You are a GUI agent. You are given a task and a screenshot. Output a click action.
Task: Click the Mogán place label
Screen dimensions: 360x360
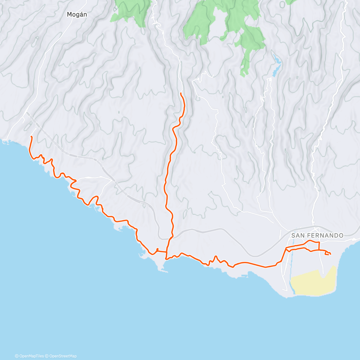coord(77,14)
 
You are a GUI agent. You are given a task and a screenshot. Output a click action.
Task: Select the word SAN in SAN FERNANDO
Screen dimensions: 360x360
coord(297,235)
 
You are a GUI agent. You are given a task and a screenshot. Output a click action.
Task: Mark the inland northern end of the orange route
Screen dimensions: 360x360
coord(181,94)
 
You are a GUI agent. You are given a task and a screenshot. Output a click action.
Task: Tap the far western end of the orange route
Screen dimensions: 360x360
coord(31,137)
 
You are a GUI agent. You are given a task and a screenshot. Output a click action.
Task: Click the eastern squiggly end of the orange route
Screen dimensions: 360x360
coord(330,254)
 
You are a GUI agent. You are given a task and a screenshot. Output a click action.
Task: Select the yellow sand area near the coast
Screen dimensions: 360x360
coord(312,282)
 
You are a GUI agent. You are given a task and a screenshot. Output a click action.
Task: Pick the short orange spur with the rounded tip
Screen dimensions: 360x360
coord(157,249)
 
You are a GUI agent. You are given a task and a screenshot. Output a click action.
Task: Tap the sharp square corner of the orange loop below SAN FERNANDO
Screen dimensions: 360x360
coord(319,242)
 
